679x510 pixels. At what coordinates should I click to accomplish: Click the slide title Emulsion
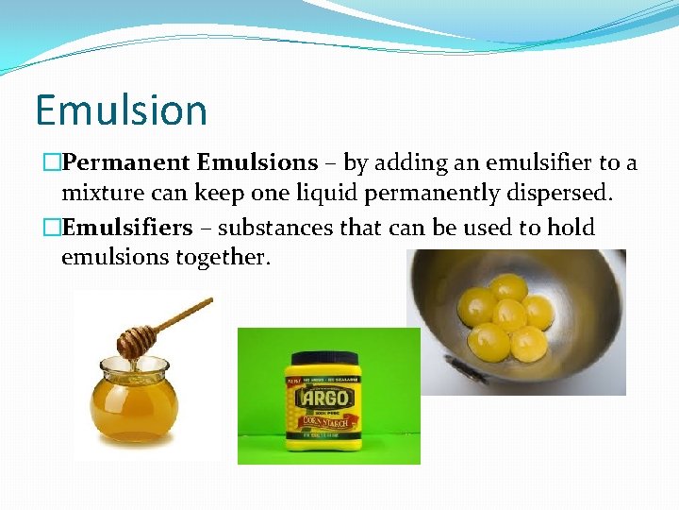click(x=121, y=110)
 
